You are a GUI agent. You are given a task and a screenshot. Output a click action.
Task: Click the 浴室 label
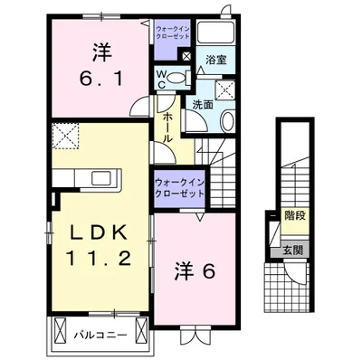[x=215, y=61]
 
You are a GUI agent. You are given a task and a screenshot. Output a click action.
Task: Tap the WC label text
[x=161, y=79]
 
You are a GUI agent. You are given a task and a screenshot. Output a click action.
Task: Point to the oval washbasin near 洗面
[x=227, y=122]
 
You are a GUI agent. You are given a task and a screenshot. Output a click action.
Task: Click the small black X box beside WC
[x=186, y=57]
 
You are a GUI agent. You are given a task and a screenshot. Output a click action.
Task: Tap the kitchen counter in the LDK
[x=86, y=177]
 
